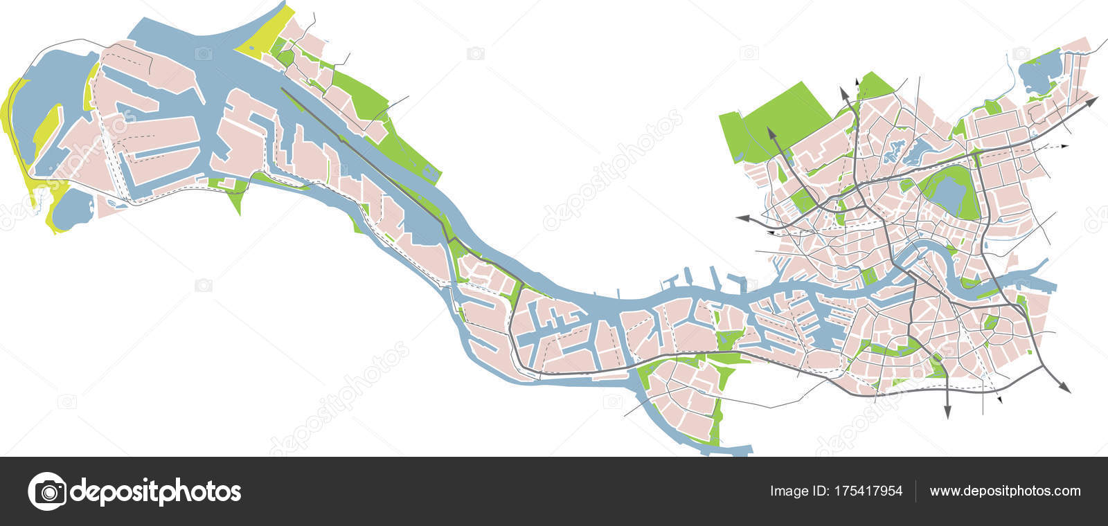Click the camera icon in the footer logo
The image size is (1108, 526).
point(46,491)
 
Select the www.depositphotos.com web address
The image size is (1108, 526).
point(1005,491)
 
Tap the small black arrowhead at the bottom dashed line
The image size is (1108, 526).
point(999,399)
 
